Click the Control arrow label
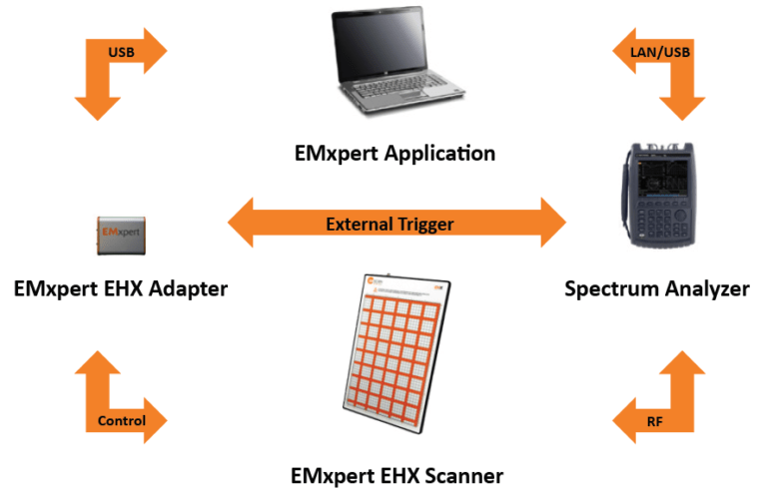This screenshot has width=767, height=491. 122,420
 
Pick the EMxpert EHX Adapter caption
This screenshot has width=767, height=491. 121,289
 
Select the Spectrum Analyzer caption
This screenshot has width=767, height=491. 656,289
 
